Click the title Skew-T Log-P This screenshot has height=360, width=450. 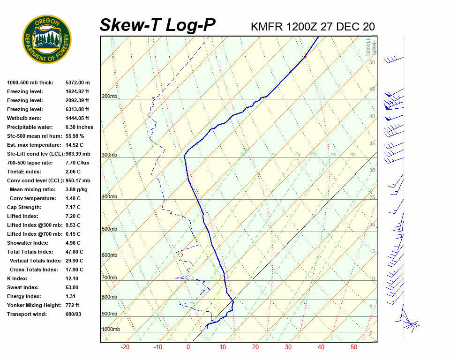pyautogui.click(x=157, y=25)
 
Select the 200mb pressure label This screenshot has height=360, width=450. pyautogui.click(x=109, y=97)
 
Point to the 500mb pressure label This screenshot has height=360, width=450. pyautogui.click(x=109, y=229)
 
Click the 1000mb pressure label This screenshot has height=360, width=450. pyautogui.click(x=111, y=329)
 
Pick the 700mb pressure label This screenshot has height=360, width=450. pyautogui.click(x=109, y=277)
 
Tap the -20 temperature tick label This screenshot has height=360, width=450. pyautogui.click(x=125, y=347)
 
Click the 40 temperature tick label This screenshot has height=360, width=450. pyautogui.click(x=321, y=347)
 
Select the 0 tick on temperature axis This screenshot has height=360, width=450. pyautogui.click(x=188, y=347)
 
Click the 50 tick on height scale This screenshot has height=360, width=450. pyautogui.click(x=372, y=62)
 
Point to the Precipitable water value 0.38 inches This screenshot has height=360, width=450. pyautogui.click(x=79, y=127)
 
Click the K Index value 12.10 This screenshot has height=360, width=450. pyautogui.click(x=73, y=278)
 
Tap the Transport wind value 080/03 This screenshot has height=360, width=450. pyautogui.click(x=74, y=314)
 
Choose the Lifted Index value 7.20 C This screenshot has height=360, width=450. pyautogui.click(x=73, y=216)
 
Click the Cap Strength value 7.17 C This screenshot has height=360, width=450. pyautogui.click(x=73, y=207)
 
